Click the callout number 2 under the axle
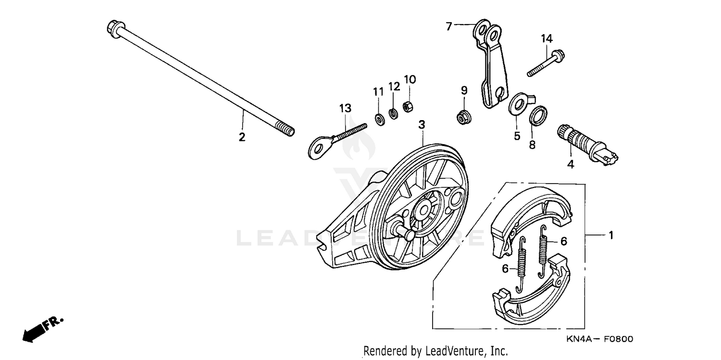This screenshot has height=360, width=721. coord(242,137)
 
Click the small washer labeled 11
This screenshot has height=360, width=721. coord(379,118)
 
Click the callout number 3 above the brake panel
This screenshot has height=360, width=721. coord(422,125)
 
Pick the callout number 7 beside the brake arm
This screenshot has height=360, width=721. coord(449,27)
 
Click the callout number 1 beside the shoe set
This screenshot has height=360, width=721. coord(611,236)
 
